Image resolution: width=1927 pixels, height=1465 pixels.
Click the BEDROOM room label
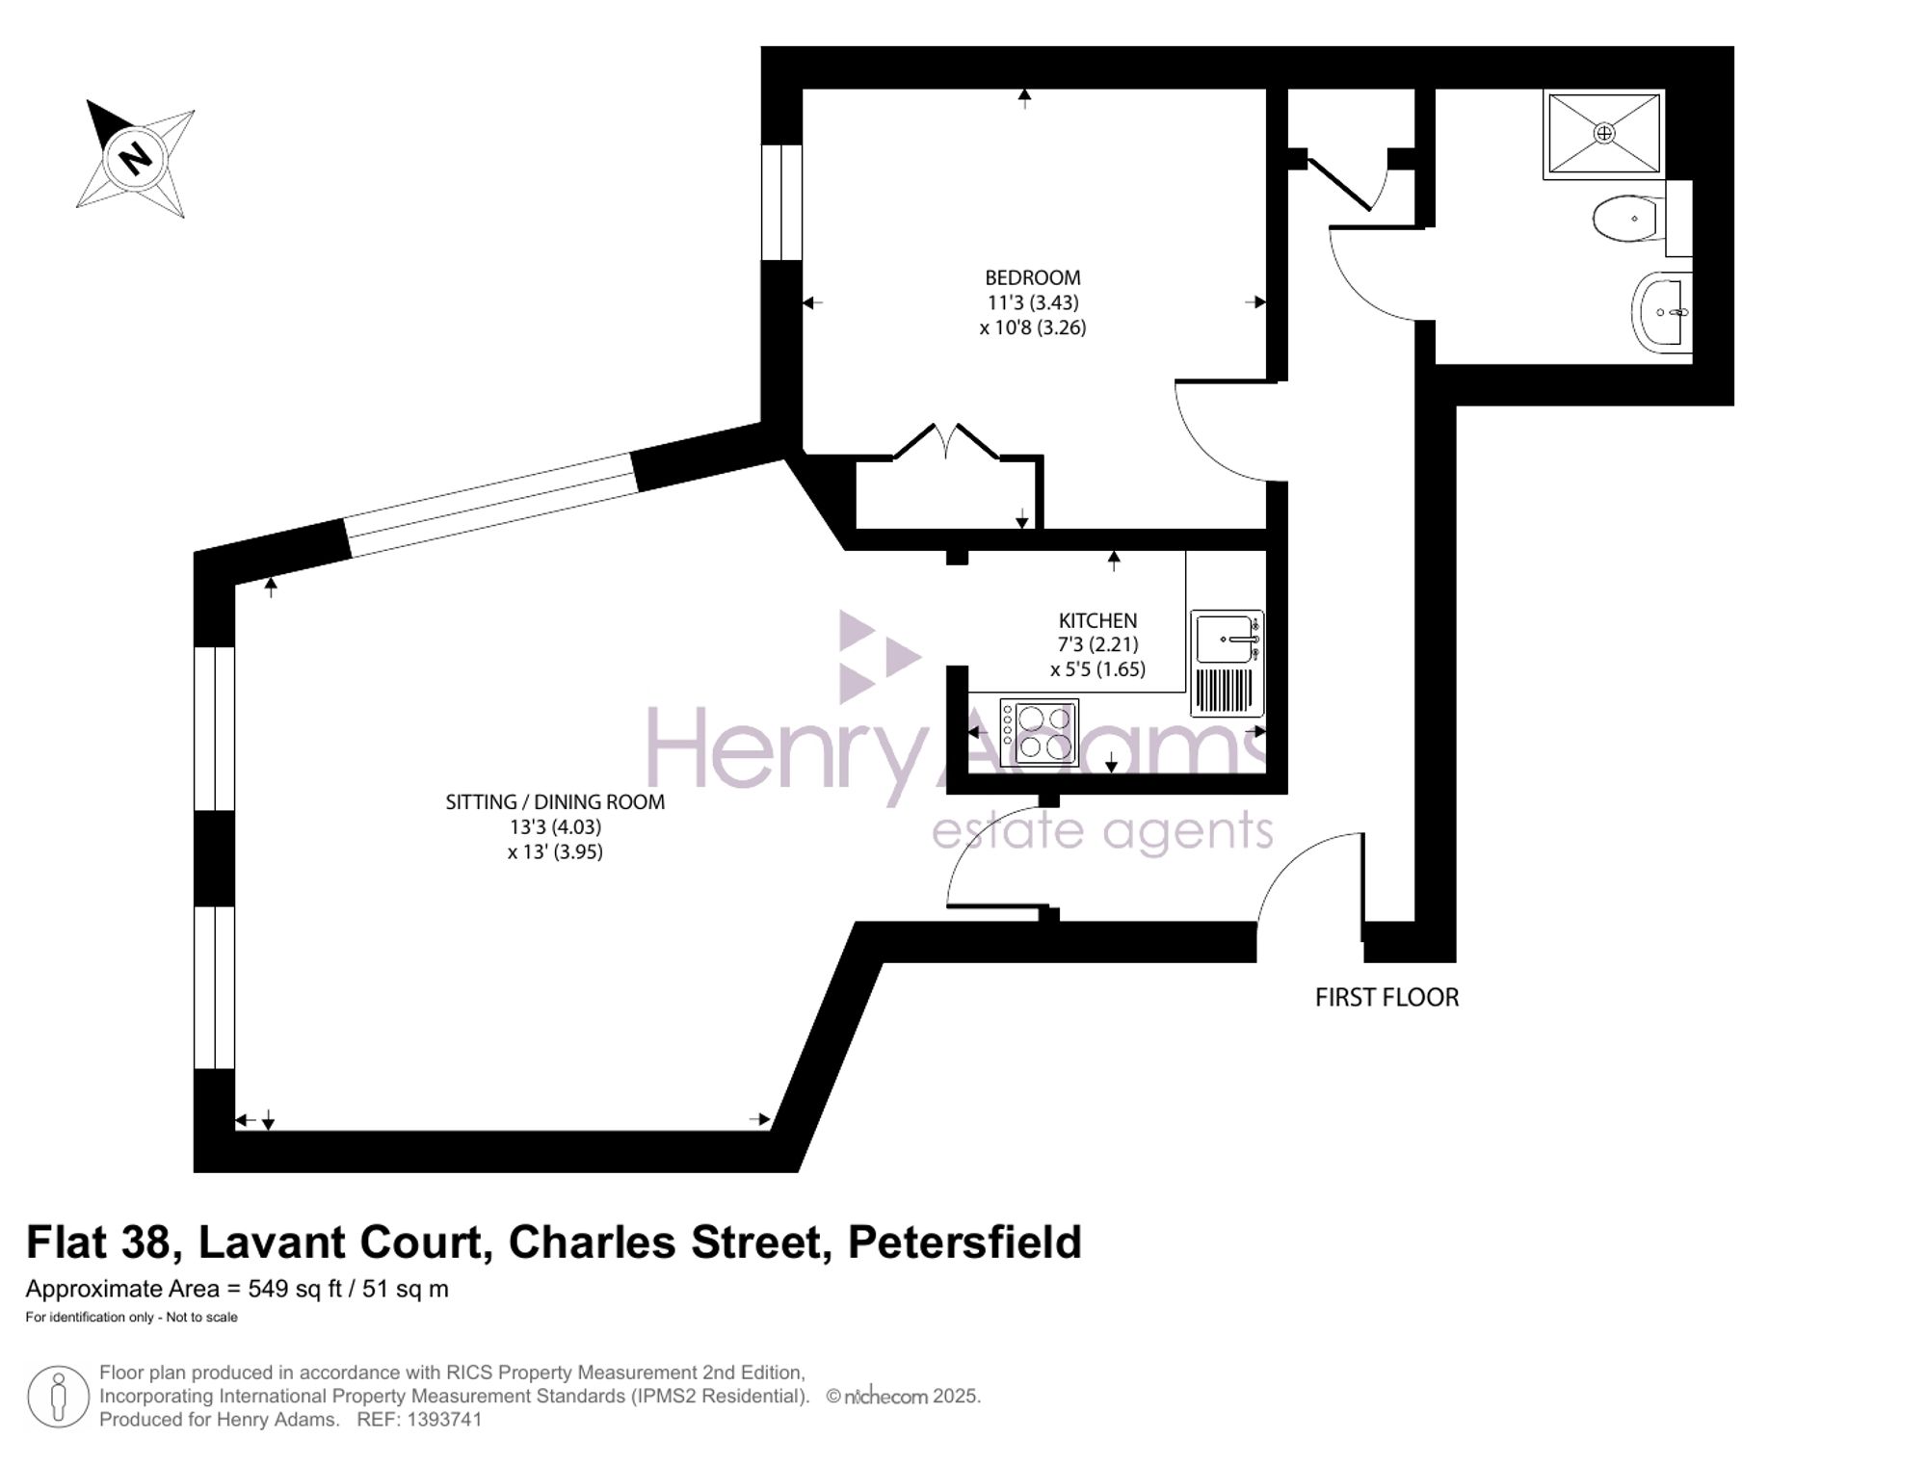pyautogui.click(x=1032, y=277)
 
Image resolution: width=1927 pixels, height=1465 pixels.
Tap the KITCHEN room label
pyautogui.click(x=1097, y=620)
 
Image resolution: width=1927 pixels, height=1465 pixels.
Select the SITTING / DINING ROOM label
pyautogui.click(x=555, y=801)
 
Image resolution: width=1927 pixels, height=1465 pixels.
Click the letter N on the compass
pyautogui.click(x=136, y=156)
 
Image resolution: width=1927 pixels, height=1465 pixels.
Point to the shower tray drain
pyautogui.click(x=1604, y=133)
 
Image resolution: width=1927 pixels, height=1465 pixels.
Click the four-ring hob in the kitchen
pyautogui.click(x=1039, y=732)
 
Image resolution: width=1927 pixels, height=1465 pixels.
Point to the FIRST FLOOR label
pyautogui.click(x=1386, y=997)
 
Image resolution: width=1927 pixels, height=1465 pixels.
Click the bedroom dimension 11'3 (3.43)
pyautogui.click(x=1032, y=302)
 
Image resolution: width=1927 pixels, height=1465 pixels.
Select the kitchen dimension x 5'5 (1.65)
pyautogui.click(x=1097, y=668)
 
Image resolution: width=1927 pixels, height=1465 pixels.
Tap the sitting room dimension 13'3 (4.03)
pyautogui.click(x=555, y=826)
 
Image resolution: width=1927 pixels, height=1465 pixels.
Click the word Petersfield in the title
pyautogui.click(x=964, y=1242)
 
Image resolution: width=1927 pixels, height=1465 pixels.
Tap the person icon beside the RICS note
pyautogui.click(x=59, y=1397)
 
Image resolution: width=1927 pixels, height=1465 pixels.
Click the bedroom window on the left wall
pyautogui.click(x=781, y=202)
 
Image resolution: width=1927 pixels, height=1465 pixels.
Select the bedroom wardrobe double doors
pyautogui.click(x=946, y=442)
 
